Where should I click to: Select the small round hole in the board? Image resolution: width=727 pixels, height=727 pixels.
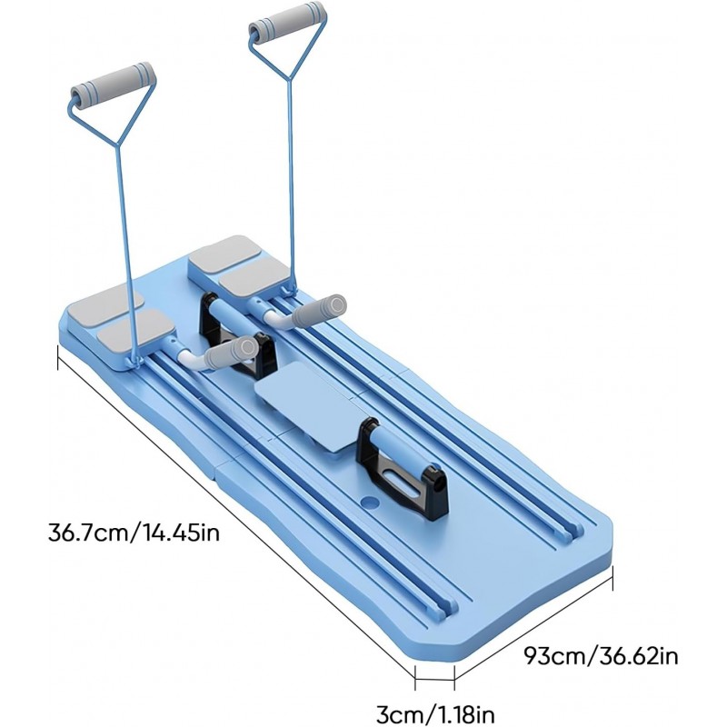tap(372, 502)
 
